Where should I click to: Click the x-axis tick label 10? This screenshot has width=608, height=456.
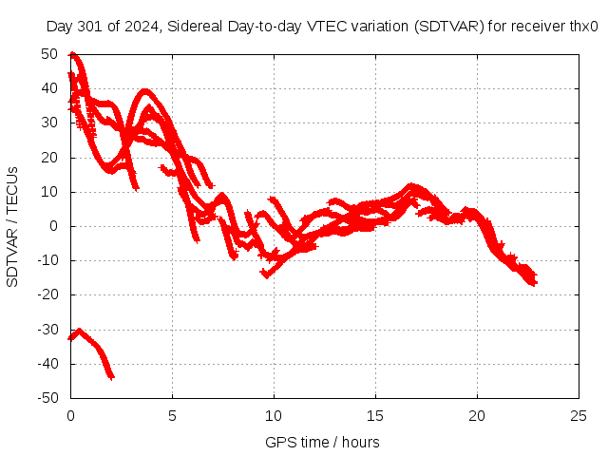274,416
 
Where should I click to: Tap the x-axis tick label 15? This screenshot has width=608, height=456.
375,416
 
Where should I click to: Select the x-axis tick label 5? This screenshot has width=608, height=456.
172,416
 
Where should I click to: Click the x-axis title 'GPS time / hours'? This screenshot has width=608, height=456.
322,442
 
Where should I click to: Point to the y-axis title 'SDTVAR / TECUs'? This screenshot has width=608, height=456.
13,226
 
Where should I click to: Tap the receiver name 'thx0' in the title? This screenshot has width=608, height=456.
582,28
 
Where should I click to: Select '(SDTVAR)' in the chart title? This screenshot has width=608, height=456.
448,28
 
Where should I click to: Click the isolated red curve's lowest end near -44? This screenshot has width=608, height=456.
111,376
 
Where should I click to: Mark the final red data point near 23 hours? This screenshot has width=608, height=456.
534,282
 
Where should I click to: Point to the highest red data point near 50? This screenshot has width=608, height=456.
72,55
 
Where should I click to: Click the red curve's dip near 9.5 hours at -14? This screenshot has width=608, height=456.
265,275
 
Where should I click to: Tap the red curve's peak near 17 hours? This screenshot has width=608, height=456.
410,186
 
